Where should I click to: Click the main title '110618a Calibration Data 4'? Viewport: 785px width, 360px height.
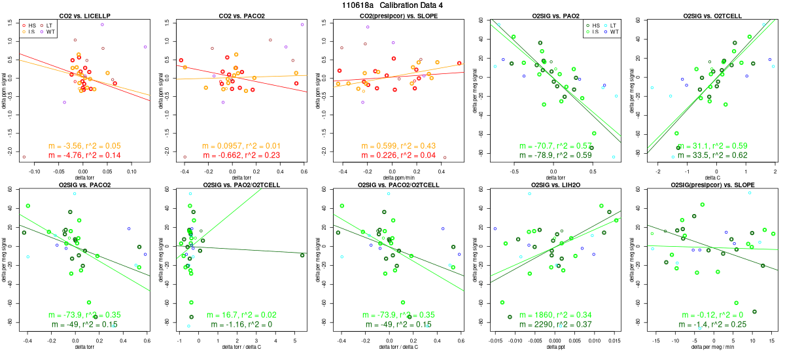392,5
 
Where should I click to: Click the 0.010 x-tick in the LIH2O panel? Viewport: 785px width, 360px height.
595,340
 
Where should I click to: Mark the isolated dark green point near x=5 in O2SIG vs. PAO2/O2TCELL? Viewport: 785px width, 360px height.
302,255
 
